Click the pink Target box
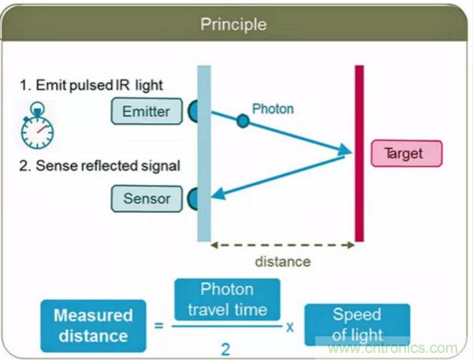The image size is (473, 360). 406,153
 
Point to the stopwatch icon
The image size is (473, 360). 36,129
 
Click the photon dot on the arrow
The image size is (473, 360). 243,121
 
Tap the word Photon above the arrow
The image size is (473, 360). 273,109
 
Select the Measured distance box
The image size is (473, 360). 93,325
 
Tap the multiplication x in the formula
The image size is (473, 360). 289,324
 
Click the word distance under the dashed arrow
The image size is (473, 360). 283,262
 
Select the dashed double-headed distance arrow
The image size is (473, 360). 283,245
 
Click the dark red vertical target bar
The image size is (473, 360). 359,153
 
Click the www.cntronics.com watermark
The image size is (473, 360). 391,347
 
